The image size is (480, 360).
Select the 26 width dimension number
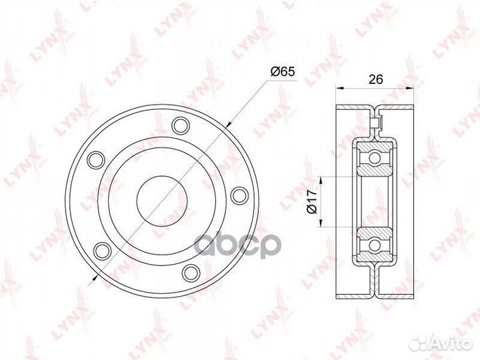tap(376, 78)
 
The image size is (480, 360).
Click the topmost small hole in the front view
tap(179, 125)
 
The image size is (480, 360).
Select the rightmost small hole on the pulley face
tap(238, 195)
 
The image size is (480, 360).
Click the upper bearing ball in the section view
tap(375, 158)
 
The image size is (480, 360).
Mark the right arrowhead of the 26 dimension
tap(411, 87)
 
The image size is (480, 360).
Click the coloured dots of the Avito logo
tap(422, 343)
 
